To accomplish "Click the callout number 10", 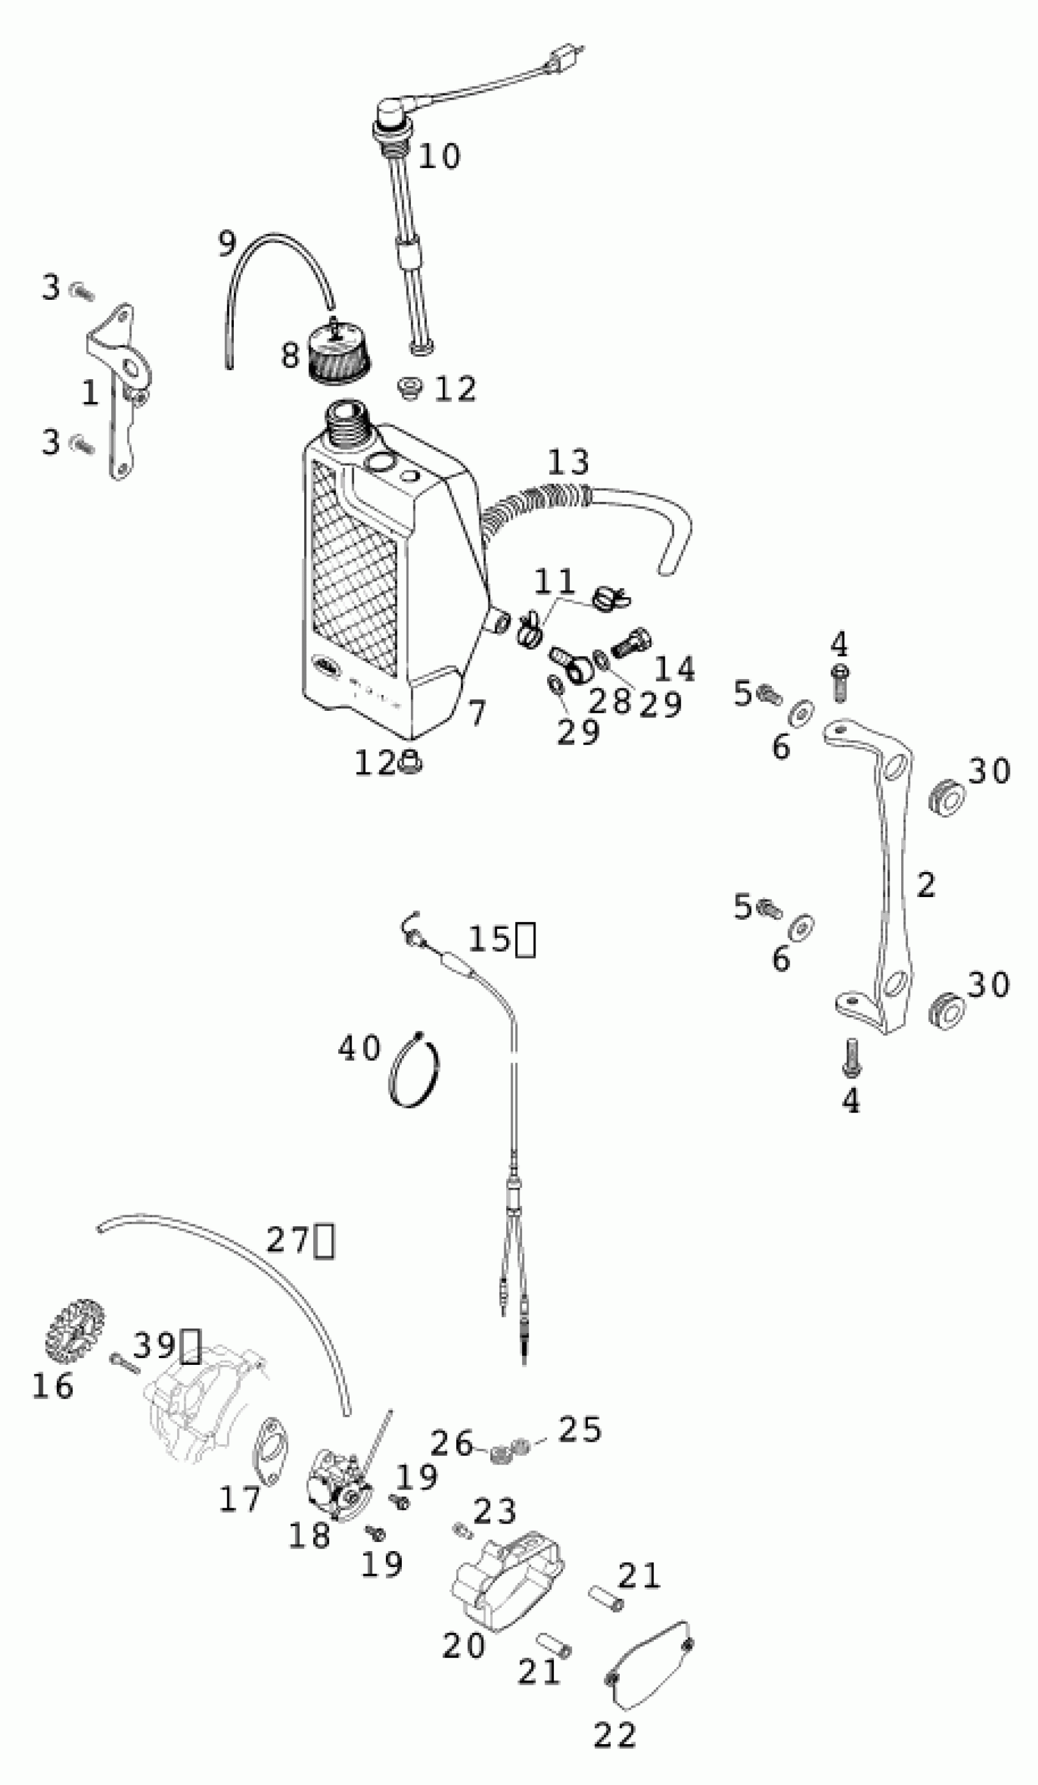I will coord(439,156).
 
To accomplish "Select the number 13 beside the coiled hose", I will coord(568,462).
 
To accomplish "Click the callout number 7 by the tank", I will coord(477,713).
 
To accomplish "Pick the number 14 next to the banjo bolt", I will coord(674,669).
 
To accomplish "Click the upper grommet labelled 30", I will coord(946,798).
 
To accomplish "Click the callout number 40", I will coord(359,1049).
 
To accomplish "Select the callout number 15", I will coord(488,939).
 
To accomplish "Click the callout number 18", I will coord(309,1536).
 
